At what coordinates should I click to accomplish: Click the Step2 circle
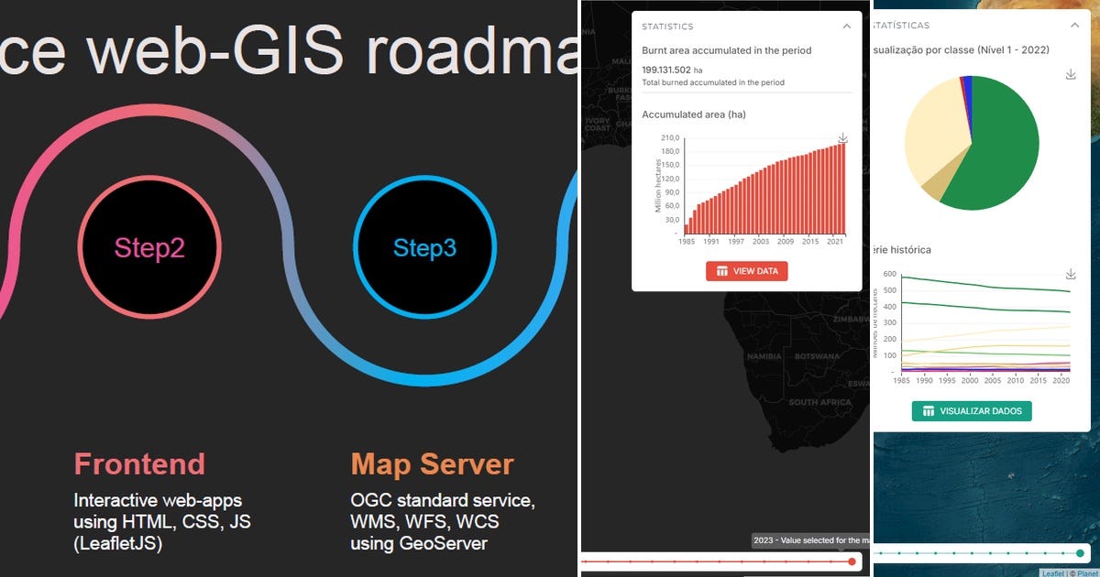pos(149,247)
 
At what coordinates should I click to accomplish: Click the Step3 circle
pos(424,247)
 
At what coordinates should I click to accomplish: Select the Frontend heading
pos(139,464)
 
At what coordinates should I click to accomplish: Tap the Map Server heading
pos(432,464)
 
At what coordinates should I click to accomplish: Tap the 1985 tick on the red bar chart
pos(687,241)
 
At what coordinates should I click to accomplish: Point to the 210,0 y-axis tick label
pos(670,137)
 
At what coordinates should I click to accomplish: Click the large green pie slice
pos(995,147)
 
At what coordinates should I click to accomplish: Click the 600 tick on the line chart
pos(888,274)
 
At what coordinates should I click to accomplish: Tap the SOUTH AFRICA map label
pos(819,402)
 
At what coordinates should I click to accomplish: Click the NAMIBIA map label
pos(764,355)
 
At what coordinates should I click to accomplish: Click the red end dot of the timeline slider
pos(852,561)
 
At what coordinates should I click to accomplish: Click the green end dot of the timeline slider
pos(1080,553)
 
